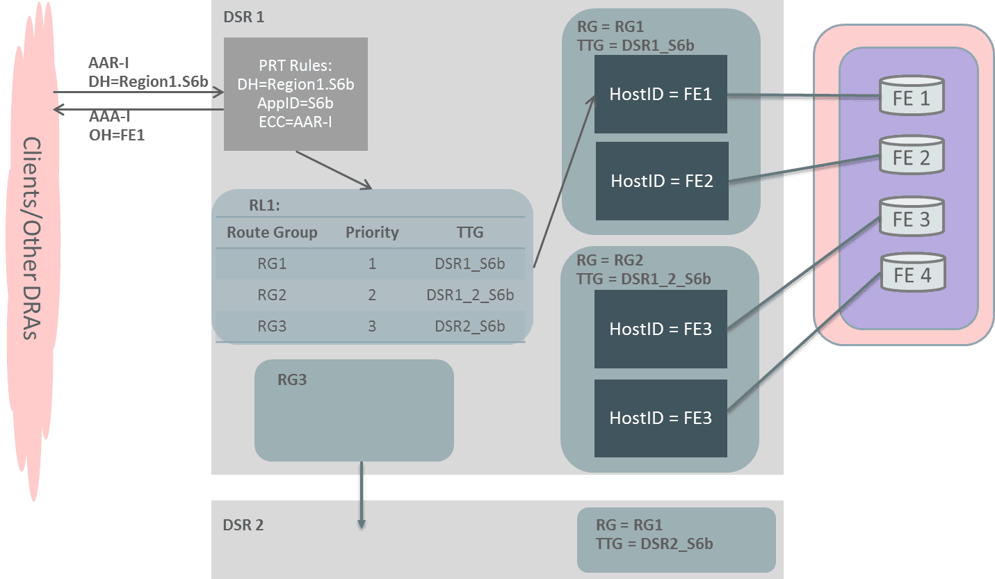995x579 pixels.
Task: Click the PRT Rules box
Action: point(296,94)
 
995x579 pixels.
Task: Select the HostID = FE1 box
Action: point(661,94)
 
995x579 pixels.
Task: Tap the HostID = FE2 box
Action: point(661,181)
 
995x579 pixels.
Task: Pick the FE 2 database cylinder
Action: point(911,156)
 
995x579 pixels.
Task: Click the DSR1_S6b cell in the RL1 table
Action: point(470,263)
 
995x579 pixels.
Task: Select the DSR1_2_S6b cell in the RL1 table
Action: point(470,295)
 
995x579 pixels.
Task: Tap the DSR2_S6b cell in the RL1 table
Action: point(470,326)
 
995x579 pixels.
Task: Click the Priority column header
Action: point(372,232)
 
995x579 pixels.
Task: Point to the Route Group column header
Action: point(272,232)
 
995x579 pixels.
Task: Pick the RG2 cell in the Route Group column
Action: point(272,295)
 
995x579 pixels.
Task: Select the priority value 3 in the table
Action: point(372,326)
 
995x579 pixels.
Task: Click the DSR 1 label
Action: point(243,17)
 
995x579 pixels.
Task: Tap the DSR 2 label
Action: point(243,525)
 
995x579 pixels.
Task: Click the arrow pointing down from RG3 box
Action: point(361,497)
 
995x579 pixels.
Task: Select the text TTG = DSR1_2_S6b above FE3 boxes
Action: point(643,279)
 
